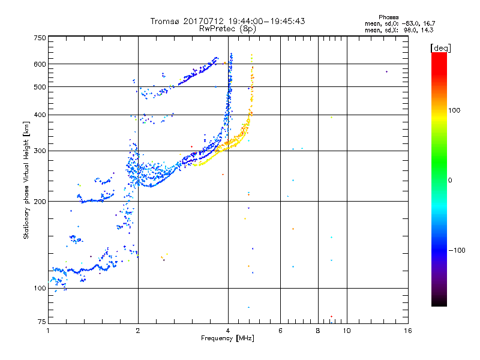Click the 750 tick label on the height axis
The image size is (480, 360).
[40, 38]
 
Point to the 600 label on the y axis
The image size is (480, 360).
[40, 64]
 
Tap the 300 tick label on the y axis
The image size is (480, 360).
[40, 151]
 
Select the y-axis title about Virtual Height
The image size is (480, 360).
[26, 179]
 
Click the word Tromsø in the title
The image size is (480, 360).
[166, 21]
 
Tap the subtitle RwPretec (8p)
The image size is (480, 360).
[227, 28]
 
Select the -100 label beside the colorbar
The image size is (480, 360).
[458, 250]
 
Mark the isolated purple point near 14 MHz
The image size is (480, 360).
[386, 71]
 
